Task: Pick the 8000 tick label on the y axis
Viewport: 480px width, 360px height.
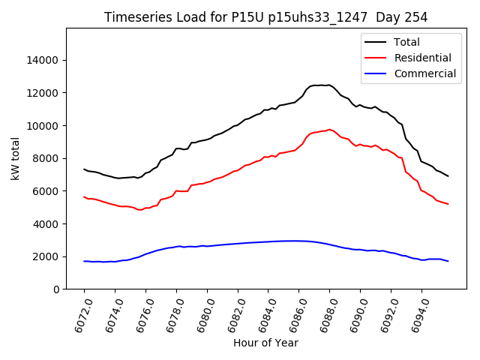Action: click(46, 158)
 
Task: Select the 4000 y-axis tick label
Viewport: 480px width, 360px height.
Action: click(46, 223)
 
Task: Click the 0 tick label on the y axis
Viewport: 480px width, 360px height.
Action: click(56, 289)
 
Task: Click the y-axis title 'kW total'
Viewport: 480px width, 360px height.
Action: click(15, 158)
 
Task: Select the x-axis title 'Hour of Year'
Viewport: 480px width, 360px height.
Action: click(265, 343)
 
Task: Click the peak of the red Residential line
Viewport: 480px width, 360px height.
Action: click(329, 129)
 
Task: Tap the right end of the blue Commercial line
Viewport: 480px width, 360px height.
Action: click(448, 261)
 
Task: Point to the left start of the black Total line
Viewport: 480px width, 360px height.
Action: click(84, 169)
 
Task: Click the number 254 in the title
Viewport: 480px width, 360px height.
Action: click(415, 17)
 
